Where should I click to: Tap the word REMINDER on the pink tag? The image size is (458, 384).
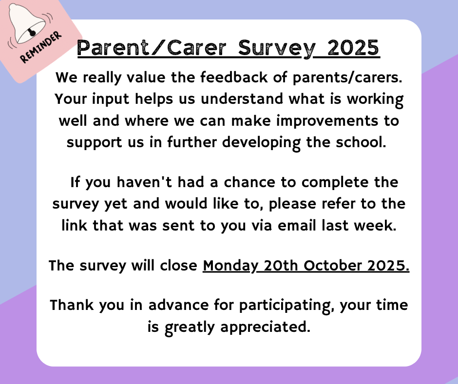tap(40, 47)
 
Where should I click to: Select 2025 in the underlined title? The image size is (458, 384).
tap(353, 48)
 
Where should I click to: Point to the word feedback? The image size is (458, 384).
tap(234, 77)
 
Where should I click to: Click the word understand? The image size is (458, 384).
tap(242, 98)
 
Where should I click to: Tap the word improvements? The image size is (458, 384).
tap(327, 121)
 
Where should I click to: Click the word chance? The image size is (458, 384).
tap(249, 182)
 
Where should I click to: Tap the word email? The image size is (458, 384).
tap(297, 225)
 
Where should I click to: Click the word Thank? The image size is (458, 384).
tap(72, 305)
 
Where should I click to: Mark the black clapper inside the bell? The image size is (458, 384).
tap(32, 33)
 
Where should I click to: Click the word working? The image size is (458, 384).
tap(375, 99)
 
